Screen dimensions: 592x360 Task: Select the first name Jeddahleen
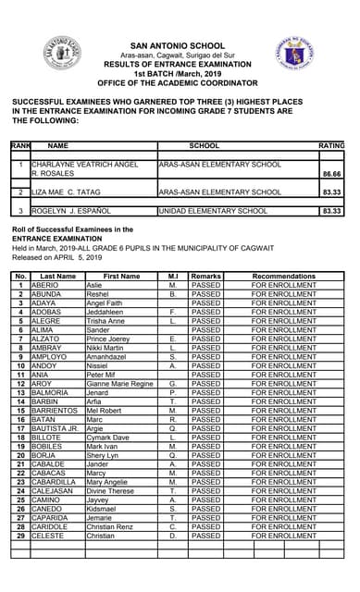pos(109,313)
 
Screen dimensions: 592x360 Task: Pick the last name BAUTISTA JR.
pos(55,428)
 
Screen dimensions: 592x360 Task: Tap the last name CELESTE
pos(47,535)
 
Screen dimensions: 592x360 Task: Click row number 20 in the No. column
pos(19,455)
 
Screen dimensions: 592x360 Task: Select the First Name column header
pos(120,277)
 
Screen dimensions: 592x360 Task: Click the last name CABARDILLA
pos(56,482)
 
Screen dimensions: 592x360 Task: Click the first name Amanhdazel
pos(111,357)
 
